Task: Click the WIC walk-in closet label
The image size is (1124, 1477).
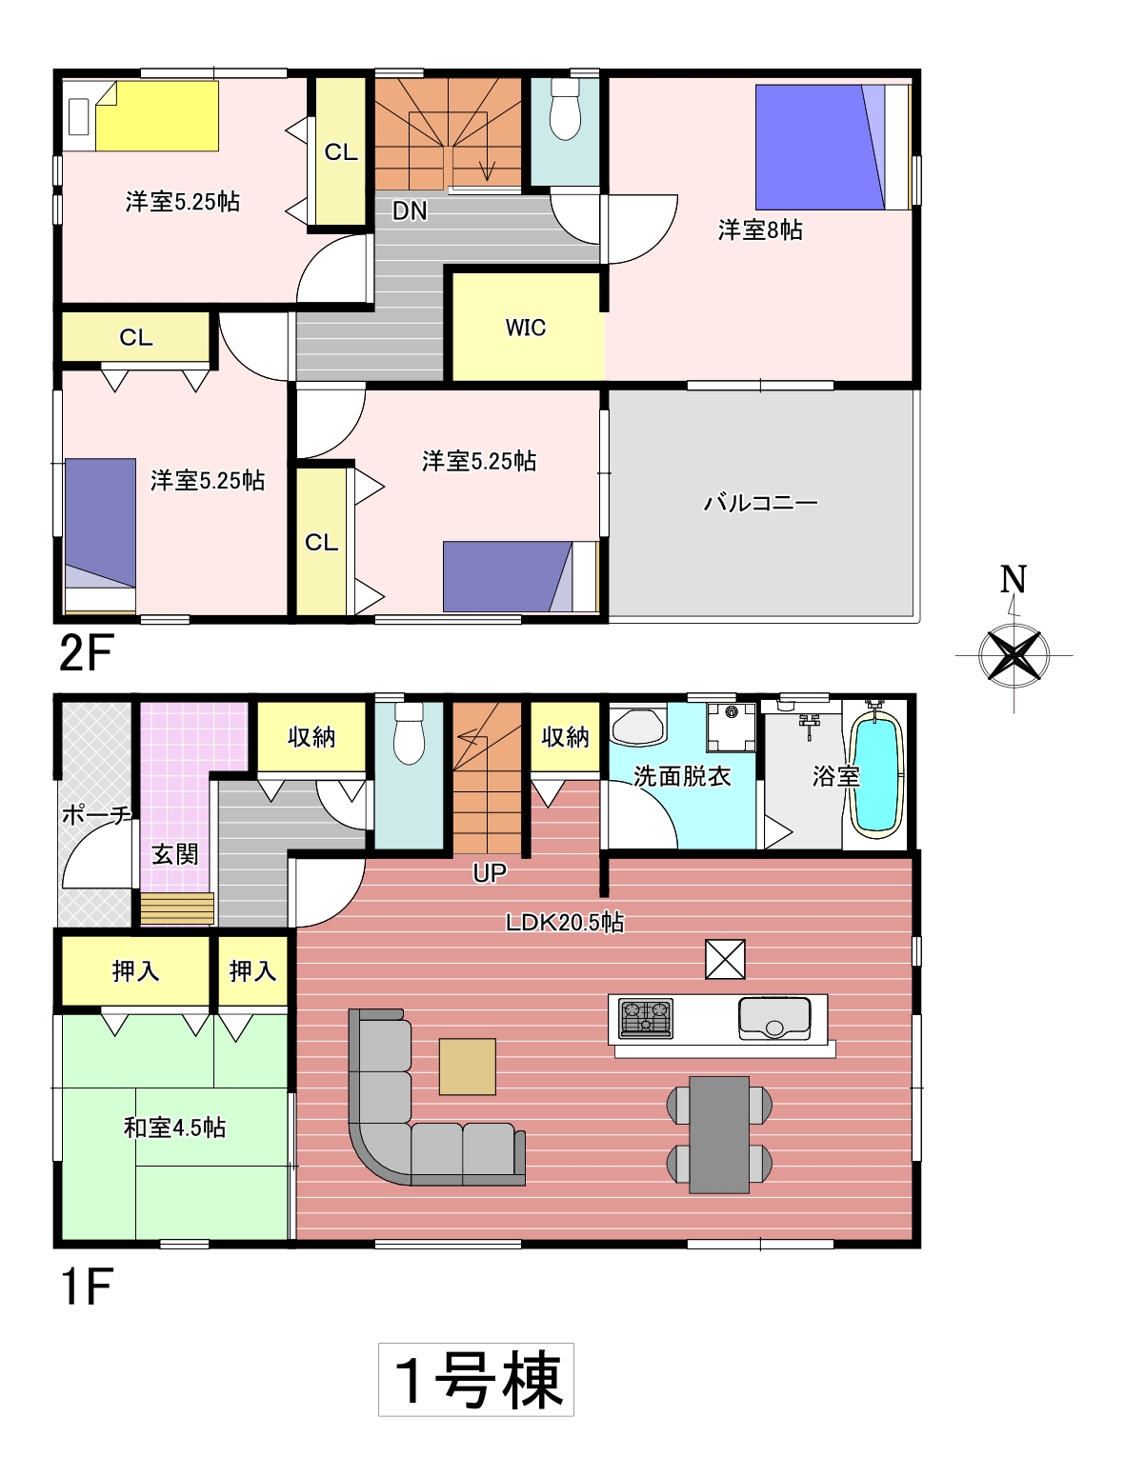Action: click(x=525, y=328)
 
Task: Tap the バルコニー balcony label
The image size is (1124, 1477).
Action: click(x=760, y=503)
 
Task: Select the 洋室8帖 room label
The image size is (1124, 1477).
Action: click(x=760, y=230)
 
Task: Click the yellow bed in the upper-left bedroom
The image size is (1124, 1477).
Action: click(x=157, y=116)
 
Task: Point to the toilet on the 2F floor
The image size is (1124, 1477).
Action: click(x=566, y=110)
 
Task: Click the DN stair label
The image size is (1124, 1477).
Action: click(x=410, y=211)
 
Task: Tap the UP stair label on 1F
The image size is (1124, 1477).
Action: click(x=489, y=872)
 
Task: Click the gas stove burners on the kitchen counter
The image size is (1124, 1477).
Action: click(x=646, y=1018)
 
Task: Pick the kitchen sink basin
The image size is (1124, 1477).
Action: click(x=774, y=1018)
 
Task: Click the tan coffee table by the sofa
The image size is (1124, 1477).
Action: click(x=467, y=1067)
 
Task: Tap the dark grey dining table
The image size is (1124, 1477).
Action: click(x=719, y=1134)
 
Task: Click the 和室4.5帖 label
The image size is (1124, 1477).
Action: click(x=174, y=1128)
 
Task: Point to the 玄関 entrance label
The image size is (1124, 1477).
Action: click(x=175, y=854)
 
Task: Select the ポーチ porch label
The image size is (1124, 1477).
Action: click(x=96, y=815)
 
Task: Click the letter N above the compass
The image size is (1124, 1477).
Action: click(x=1013, y=579)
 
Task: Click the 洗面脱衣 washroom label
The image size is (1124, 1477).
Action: click(x=682, y=776)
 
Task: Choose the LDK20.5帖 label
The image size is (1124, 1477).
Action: click(x=565, y=922)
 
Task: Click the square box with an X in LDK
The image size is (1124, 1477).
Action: click(x=725, y=959)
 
